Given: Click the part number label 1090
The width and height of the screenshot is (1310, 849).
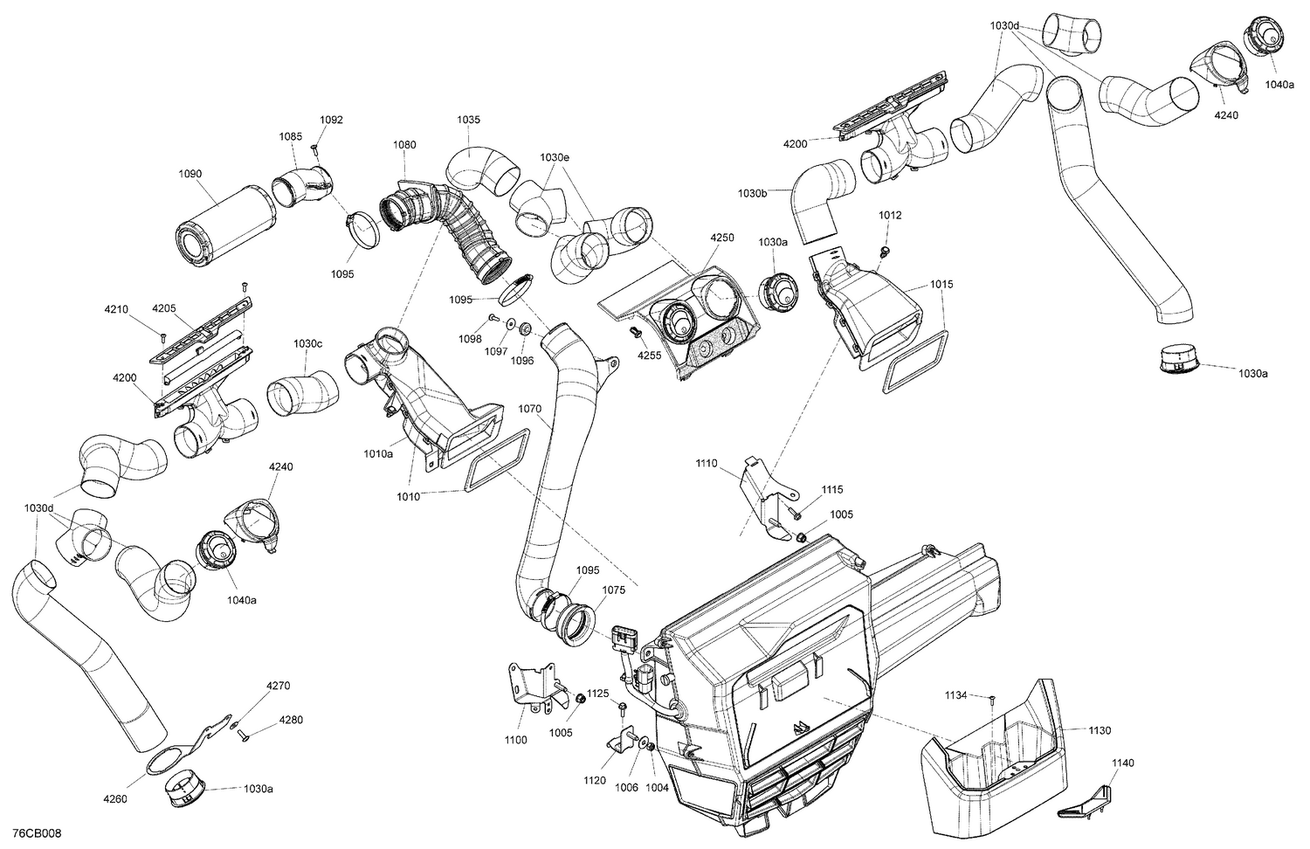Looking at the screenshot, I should point(190,174).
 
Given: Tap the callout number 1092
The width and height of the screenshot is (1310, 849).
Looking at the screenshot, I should point(331,120).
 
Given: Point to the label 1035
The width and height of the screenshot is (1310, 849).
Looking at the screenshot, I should point(468,119).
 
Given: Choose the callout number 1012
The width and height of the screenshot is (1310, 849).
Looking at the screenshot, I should point(890,215).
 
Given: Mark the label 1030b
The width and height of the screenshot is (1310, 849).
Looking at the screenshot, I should point(752,192).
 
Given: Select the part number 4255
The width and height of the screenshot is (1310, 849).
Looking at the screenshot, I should point(649,355).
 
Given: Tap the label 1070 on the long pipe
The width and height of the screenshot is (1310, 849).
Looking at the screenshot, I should point(530,408).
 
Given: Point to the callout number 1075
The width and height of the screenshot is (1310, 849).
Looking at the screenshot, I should point(614,590).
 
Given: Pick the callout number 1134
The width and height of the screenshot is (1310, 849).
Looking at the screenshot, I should point(955,695).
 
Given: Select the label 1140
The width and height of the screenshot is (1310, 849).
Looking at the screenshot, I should point(1123,763).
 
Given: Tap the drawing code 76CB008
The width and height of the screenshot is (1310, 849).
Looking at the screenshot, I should point(38,835).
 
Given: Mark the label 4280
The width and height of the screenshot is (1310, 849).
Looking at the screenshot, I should point(292,720).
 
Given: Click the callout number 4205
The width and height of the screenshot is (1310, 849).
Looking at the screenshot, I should point(164,308).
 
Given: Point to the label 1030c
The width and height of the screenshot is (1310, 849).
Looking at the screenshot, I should point(307,343).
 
